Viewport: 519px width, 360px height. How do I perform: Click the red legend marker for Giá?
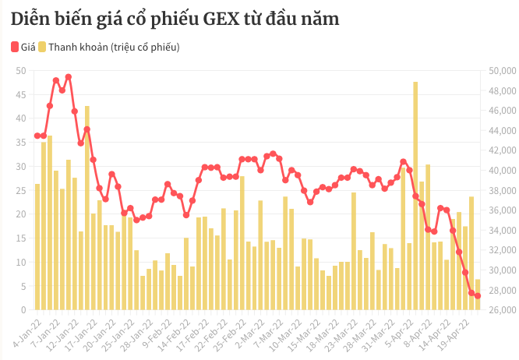[15, 48]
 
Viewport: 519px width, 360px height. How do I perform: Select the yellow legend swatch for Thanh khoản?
[42, 48]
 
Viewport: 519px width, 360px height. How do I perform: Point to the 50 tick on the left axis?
[21, 71]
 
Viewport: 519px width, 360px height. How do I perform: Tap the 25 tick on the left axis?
[21, 191]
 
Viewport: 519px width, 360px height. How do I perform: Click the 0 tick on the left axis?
[24, 310]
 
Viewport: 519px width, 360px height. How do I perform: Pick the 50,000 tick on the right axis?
[496, 71]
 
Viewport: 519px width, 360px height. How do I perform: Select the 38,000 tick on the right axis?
[496, 191]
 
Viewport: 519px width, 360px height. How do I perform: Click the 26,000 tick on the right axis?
[496, 310]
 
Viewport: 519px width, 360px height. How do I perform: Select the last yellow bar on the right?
[478, 295]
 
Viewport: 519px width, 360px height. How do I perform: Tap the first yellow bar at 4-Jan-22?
[37, 247]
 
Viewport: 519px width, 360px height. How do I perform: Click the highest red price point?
[69, 76]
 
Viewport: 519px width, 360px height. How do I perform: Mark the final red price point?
[478, 295]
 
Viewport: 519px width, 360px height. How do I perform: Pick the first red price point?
[37, 136]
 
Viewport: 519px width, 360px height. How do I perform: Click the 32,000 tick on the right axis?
[496, 250]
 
